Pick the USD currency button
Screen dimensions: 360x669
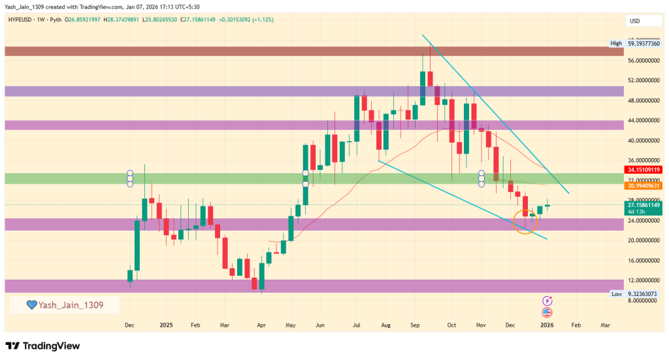click(x=634, y=21)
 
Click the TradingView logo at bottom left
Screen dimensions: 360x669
click(x=42, y=346)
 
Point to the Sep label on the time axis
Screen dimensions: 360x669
click(x=416, y=324)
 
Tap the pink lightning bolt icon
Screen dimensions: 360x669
click(x=547, y=301)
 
